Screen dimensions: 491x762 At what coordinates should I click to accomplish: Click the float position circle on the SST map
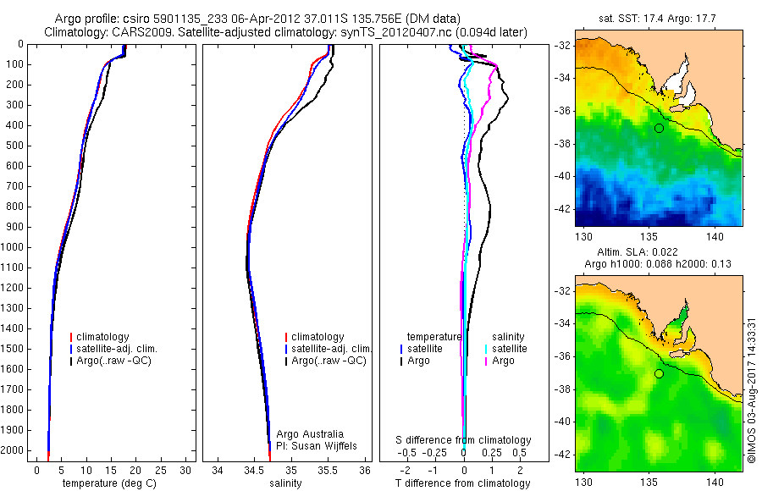[x=659, y=128]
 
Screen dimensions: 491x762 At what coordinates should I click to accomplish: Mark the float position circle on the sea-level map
[x=659, y=374]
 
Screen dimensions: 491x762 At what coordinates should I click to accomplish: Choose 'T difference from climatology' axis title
[x=464, y=483]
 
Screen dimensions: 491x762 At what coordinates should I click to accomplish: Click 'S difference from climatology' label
[x=464, y=440]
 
